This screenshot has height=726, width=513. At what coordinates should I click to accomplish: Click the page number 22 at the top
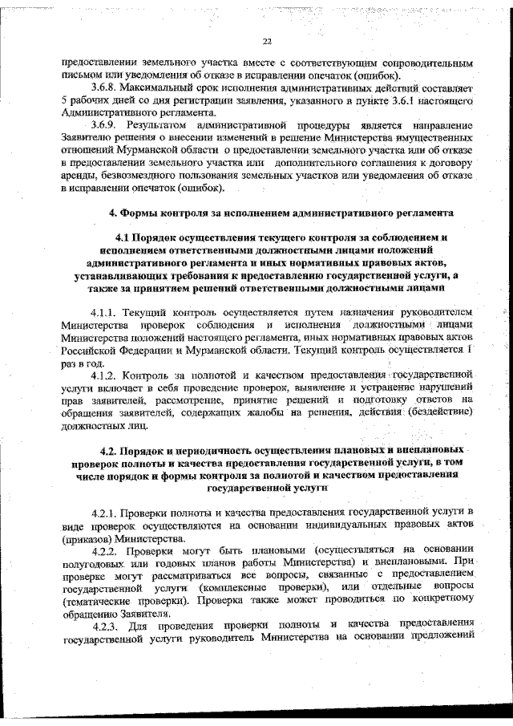point(267,43)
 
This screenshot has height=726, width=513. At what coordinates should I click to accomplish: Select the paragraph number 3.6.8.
point(106,85)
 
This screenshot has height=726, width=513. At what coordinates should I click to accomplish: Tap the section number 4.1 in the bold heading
point(126,238)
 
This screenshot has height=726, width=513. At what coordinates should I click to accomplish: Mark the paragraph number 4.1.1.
point(106,310)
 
